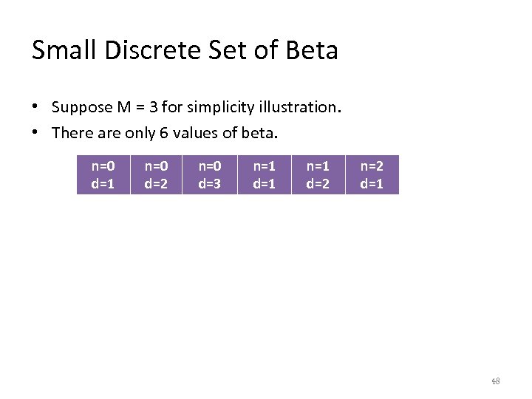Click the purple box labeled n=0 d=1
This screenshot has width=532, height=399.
click(103, 174)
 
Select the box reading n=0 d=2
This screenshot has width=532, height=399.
click(157, 174)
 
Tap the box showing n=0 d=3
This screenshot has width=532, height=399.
click(211, 174)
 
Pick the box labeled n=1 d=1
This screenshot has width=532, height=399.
click(265, 174)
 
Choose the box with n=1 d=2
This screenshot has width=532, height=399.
click(318, 174)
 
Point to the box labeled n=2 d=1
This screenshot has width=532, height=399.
click(372, 174)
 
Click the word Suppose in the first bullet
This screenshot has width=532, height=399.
click(81, 107)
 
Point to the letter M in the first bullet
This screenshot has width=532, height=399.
click(124, 107)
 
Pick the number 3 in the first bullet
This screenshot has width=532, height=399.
click(153, 107)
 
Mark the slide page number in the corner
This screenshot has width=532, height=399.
click(496, 381)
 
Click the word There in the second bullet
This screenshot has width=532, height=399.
click(70, 133)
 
